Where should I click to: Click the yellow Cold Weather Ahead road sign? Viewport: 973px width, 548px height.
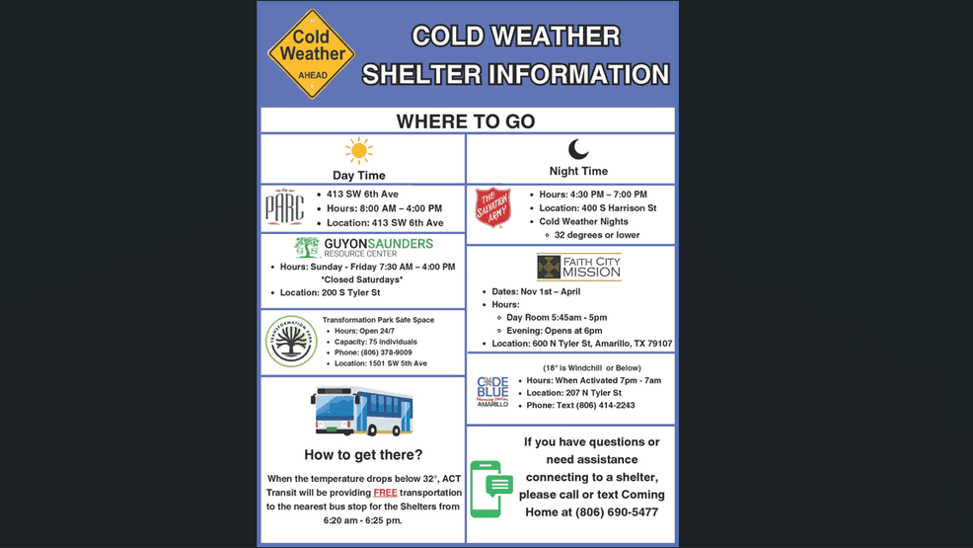311,54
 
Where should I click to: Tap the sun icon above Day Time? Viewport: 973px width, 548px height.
358,150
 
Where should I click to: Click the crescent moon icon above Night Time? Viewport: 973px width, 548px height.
578,149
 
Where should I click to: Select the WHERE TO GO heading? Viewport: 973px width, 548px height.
466,121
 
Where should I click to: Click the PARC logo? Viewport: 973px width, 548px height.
284,207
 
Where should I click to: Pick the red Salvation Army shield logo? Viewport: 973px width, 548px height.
492,207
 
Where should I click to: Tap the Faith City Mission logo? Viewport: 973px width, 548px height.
578,267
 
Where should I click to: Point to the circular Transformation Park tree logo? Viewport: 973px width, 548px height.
290,341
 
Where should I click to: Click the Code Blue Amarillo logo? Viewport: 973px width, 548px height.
492,391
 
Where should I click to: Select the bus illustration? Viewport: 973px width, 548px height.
362,411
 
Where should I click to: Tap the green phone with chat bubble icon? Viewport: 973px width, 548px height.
490,489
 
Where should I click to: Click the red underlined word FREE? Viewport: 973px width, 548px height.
386,492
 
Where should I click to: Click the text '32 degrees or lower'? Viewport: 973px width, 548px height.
596,235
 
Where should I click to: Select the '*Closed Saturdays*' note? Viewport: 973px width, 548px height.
362,279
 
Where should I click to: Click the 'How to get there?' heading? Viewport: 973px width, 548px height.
362,455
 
